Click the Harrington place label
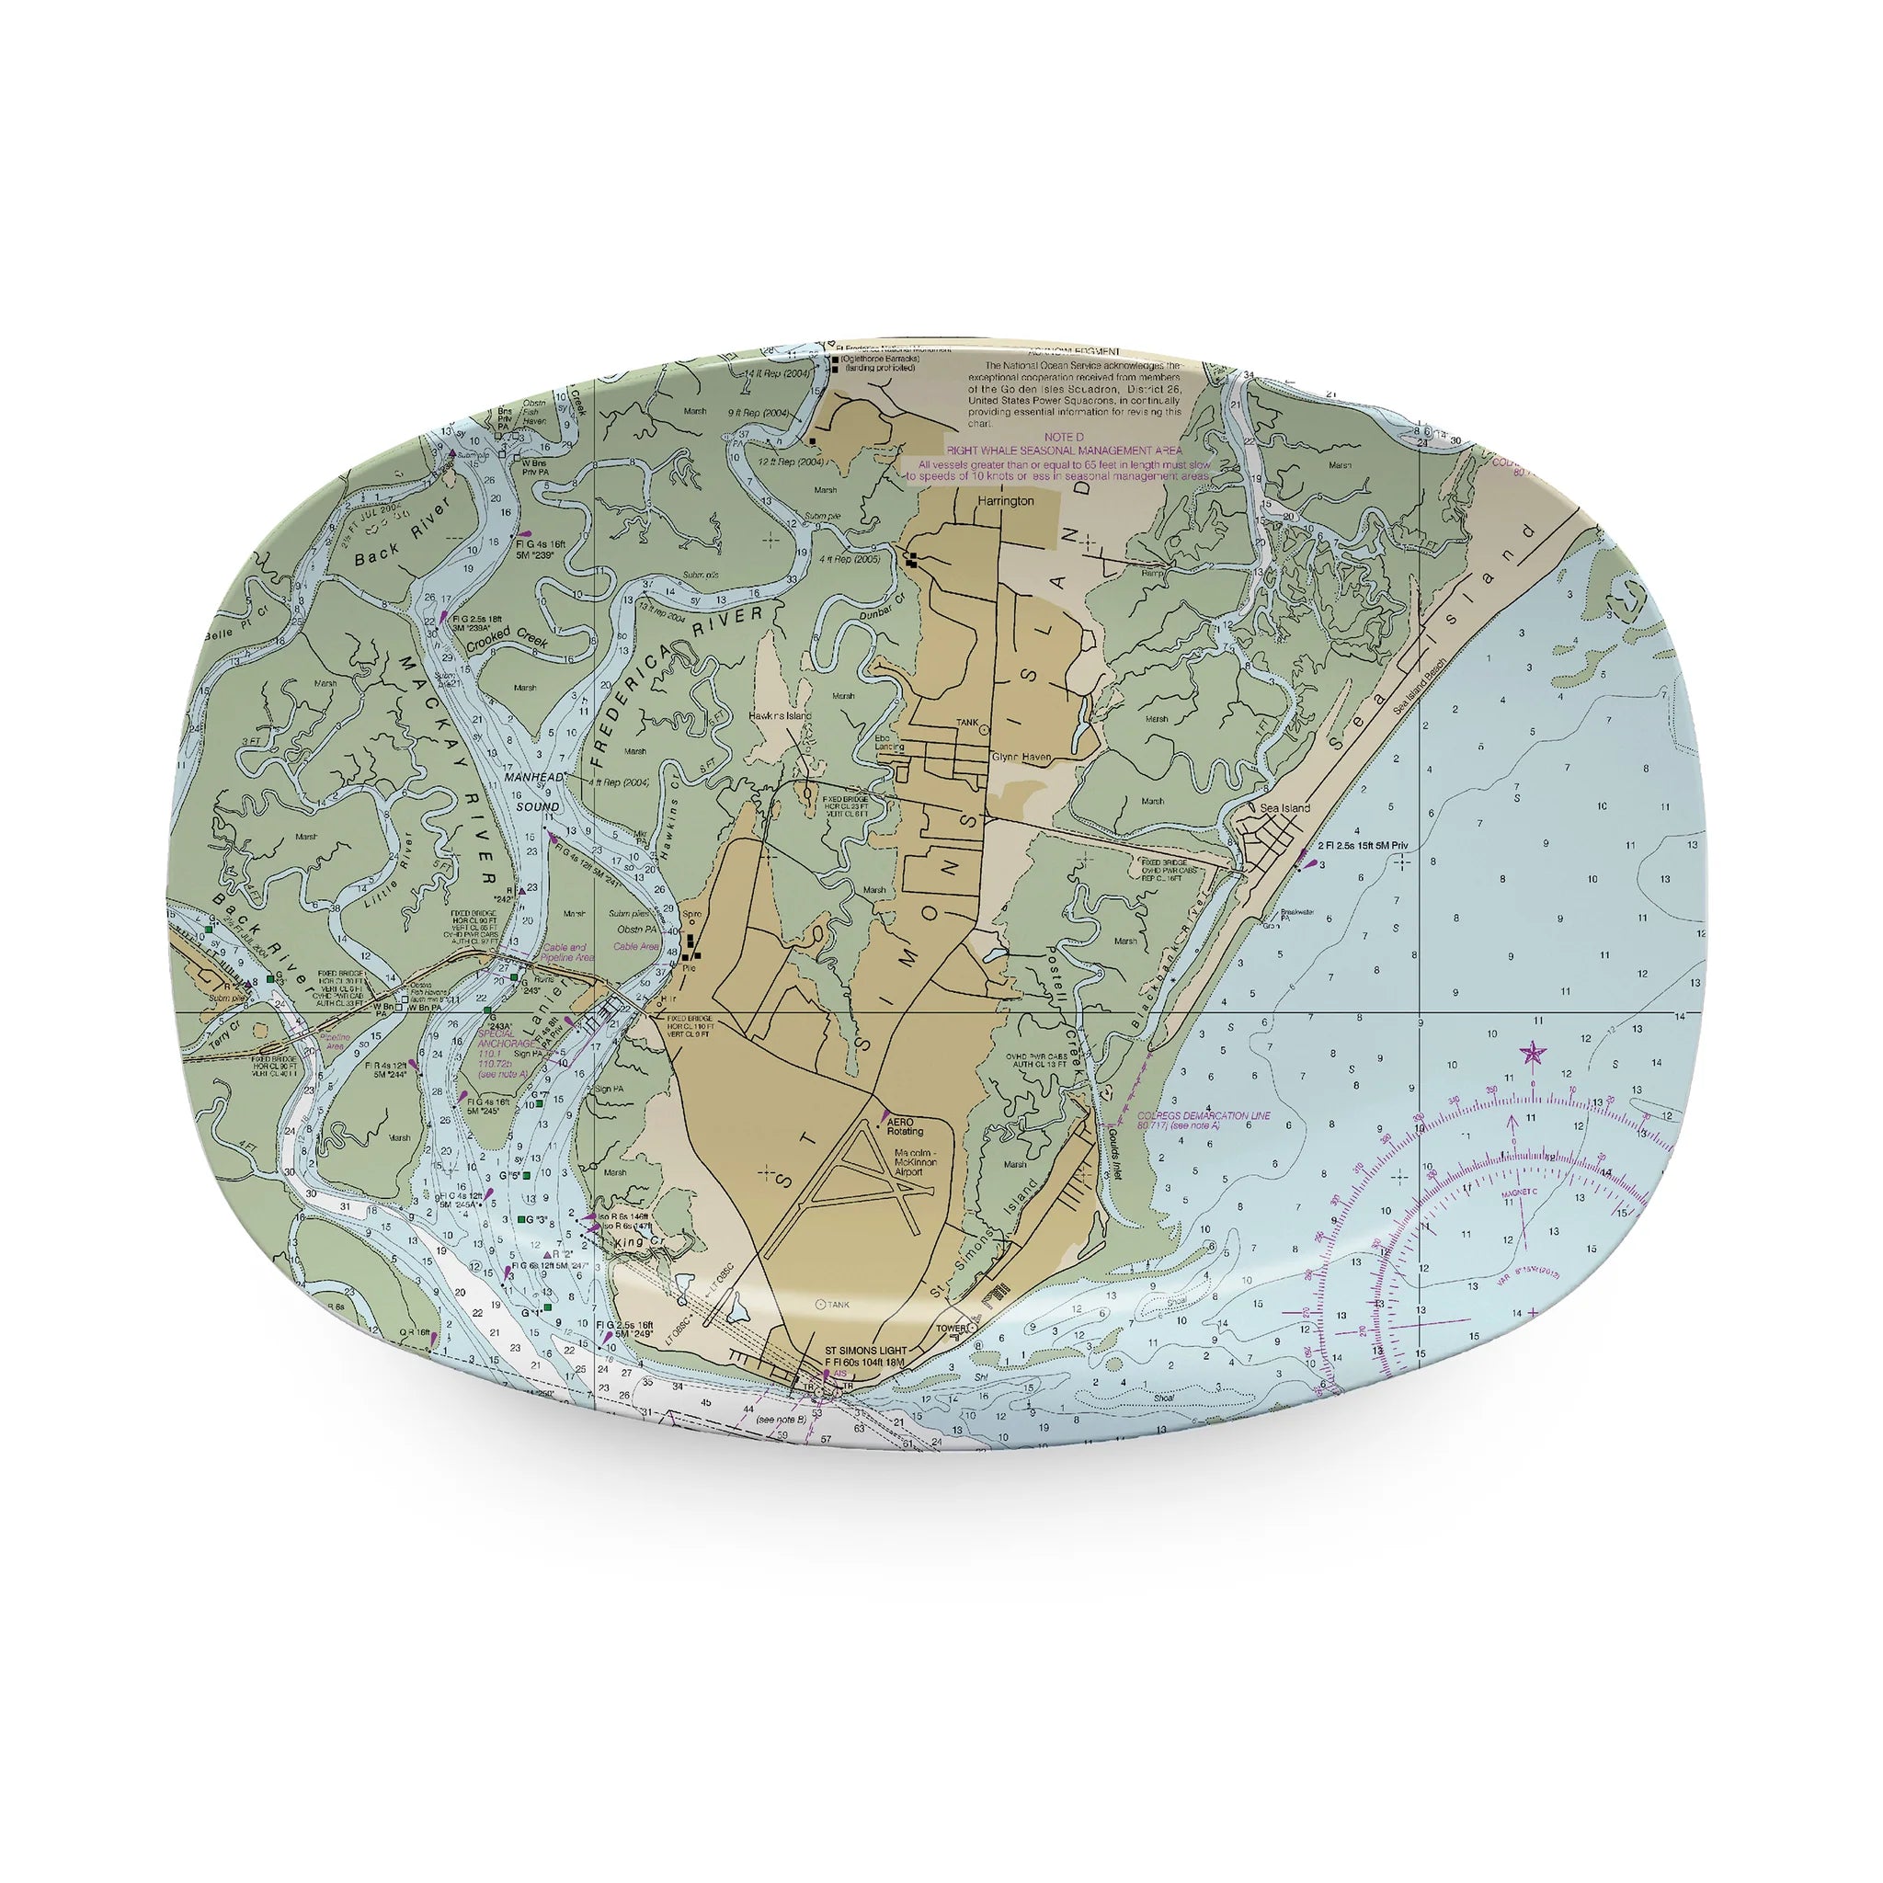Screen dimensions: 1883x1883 pos(1005,500)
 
